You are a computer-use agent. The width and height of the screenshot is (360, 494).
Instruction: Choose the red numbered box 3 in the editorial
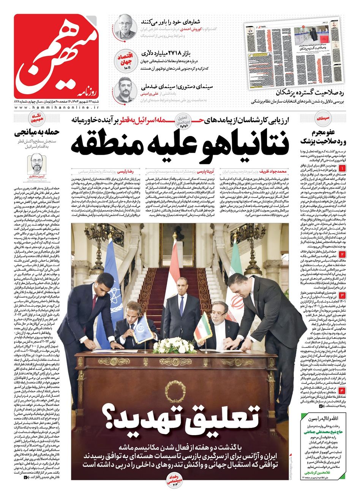click(x=342, y=296)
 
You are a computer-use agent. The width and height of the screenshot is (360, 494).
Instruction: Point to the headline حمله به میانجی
click(x=36, y=134)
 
